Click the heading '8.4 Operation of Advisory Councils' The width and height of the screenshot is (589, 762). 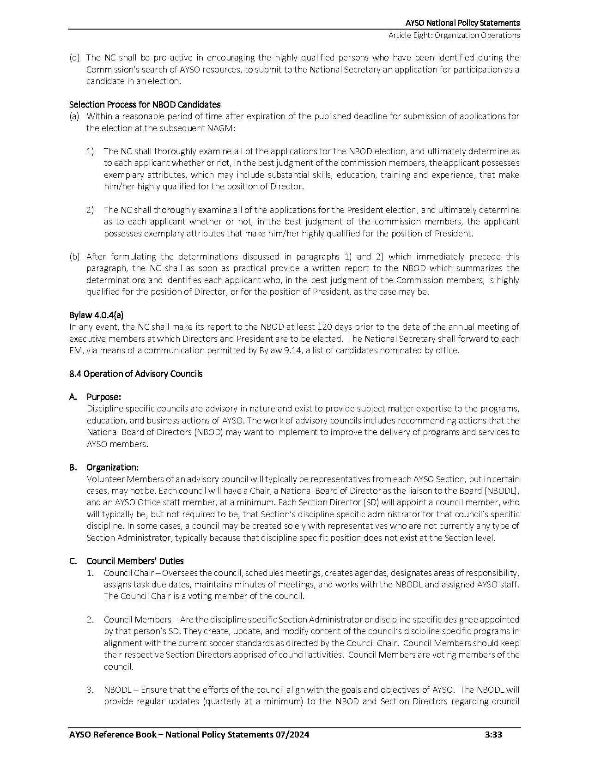pos(136,374)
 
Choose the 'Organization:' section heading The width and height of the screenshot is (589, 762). pos(112,467)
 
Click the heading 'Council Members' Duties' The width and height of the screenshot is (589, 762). pos(135,561)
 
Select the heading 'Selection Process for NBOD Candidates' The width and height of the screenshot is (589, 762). pos(145,104)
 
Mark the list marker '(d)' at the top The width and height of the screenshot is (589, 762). pos(74,58)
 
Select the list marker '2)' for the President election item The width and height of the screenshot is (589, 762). pos(90,210)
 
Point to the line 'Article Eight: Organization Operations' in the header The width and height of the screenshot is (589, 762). pos(454,35)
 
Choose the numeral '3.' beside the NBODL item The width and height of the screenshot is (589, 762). pos(91,689)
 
